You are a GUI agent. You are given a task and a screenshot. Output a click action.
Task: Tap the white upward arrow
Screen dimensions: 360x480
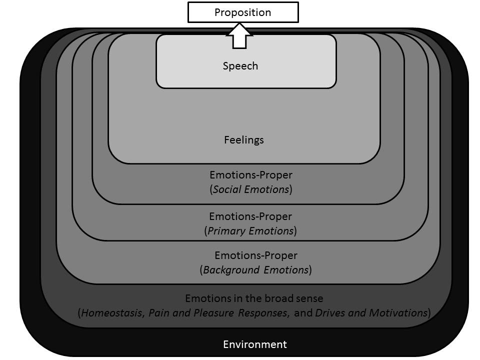(240, 36)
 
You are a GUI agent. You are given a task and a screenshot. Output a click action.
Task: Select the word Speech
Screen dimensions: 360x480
(240, 66)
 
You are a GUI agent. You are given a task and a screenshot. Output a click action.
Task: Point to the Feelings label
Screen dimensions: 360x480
(244, 140)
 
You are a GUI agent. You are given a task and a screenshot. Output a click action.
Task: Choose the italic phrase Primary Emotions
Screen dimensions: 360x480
(250, 231)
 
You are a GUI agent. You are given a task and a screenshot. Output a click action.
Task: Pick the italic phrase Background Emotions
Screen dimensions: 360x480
(255, 270)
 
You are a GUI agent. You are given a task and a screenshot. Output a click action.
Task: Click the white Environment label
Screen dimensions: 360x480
(255, 344)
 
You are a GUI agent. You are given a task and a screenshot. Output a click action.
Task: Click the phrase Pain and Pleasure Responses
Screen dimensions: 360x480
(218, 313)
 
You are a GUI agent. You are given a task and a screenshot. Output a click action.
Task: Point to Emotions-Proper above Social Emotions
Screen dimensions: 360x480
(250, 175)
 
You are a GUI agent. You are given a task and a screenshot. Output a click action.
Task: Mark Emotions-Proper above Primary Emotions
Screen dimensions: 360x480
(250, 217)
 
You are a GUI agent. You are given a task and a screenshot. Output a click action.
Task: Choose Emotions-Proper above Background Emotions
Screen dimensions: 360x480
(255, 255)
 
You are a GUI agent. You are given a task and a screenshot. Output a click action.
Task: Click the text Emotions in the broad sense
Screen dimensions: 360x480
(254, 298)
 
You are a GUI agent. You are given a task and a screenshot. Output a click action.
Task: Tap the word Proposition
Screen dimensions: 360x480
(242, 12)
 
